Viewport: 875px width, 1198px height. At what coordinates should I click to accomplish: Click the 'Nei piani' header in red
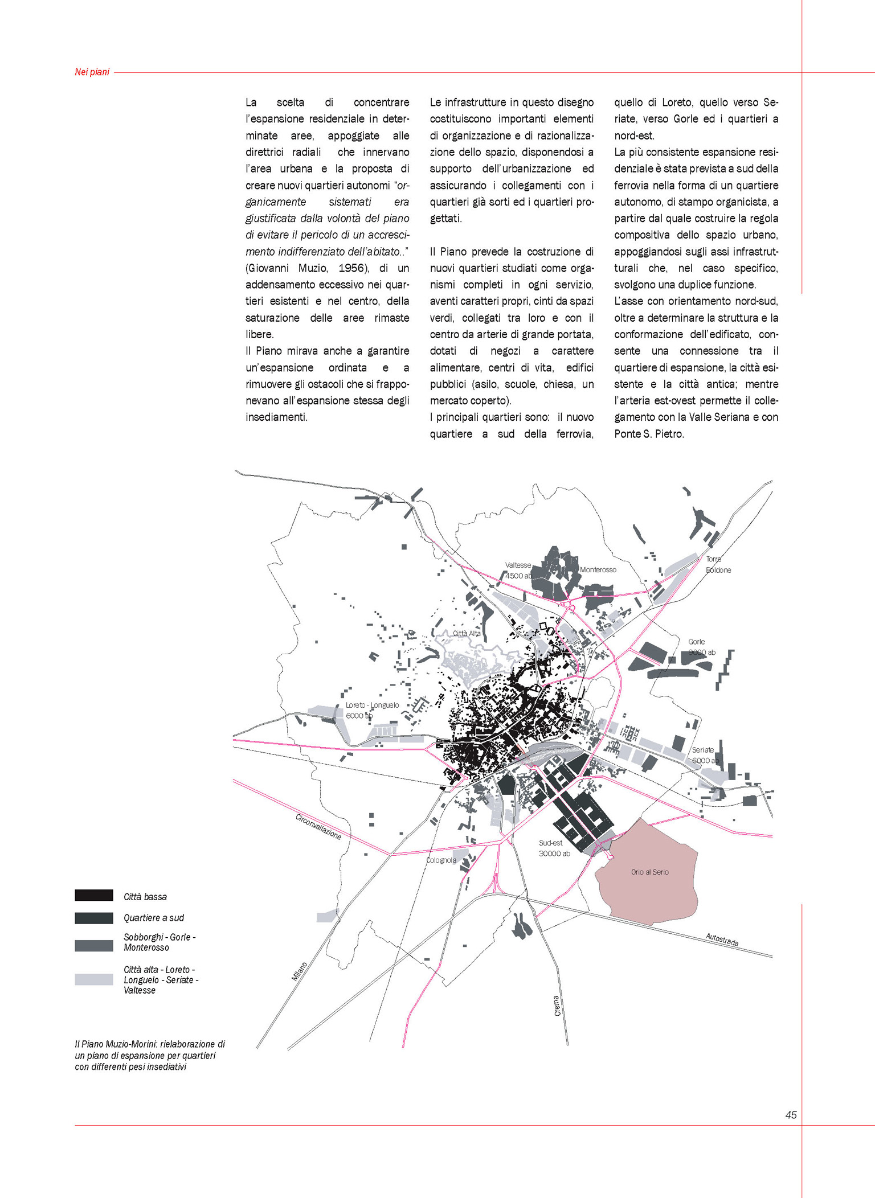(92, 72)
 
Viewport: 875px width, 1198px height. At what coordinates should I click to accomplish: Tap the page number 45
(791, 1115)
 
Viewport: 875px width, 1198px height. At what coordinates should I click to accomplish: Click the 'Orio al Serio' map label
(649, 872)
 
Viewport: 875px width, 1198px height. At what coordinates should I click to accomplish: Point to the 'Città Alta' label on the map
(467, 633)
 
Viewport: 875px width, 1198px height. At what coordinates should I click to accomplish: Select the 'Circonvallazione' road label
(318, 827)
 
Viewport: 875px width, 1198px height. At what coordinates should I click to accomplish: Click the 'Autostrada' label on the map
(722, 939)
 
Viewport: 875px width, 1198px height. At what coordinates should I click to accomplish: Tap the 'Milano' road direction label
(300, 971)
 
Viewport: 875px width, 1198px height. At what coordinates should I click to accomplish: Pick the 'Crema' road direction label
(557, 1006)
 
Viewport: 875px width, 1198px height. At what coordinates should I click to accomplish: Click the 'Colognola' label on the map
(441, 860)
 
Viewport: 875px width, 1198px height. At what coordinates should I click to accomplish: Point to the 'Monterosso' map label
(598, 569)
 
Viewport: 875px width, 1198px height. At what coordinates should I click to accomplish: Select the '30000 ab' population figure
(554, 854)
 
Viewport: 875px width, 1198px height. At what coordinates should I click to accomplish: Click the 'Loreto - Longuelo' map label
(372, 705)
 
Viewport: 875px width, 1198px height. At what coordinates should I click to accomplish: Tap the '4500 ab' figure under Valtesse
(518, 576)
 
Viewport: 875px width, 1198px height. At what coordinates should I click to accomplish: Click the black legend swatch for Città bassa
(94, 896)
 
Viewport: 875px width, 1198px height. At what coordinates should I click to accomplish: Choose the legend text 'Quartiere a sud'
(154, 918)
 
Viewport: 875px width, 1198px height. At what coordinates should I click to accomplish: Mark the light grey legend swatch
(94, 979)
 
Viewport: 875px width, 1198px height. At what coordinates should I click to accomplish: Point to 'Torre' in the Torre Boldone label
(714, 559)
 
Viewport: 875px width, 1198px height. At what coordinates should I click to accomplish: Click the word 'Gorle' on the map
(696, 642)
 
